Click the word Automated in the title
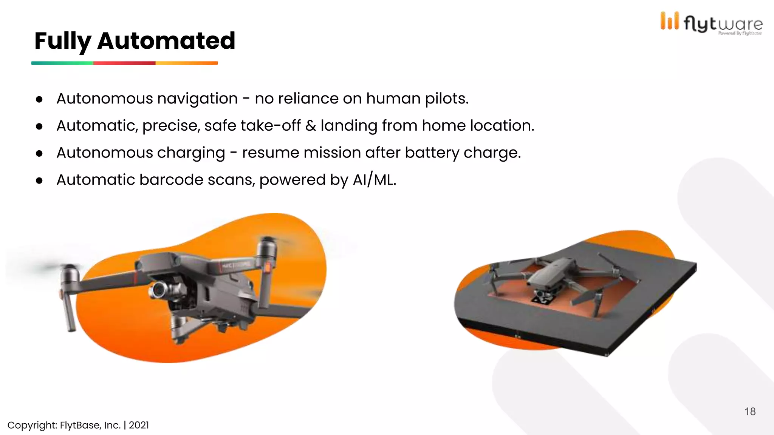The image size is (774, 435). click(166, 40)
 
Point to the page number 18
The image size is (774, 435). click(750, 412)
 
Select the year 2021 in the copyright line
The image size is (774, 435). click(139, 425)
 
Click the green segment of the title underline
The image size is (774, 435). click(62, 63)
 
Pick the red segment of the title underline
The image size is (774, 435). click(124, 63)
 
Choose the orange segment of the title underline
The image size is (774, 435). click(186, 63)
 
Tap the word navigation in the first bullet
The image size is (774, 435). click(197, 99)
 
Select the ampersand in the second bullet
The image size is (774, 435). click(311, 126)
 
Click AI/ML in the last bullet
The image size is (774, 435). click(374, 180)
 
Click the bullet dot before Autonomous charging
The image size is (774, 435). click(39, 154)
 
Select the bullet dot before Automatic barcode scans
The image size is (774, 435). click(39, 181)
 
